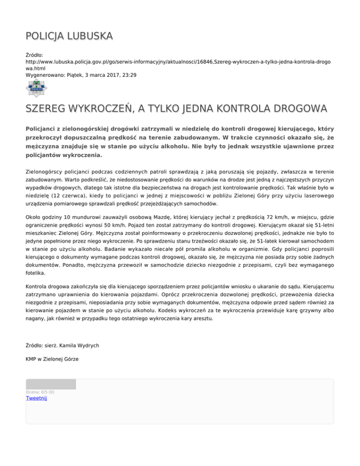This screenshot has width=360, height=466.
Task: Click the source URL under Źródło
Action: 178,65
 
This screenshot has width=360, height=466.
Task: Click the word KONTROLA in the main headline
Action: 240,109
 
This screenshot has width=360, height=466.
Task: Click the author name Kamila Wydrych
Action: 78,346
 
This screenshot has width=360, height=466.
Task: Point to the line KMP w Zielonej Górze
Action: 52,359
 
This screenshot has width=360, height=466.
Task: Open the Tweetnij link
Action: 37,398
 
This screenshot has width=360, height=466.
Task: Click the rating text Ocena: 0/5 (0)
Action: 40,392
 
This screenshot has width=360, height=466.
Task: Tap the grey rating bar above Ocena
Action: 51,384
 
